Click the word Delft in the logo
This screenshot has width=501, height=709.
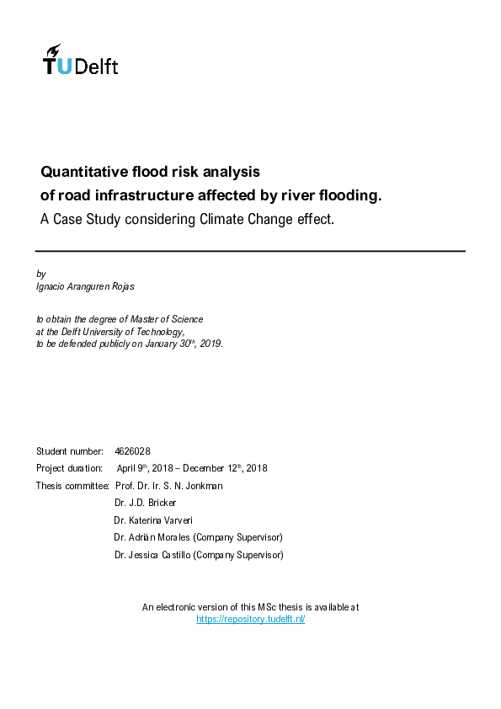[x=97, y=67]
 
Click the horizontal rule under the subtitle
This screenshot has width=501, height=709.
[x=250, y=251]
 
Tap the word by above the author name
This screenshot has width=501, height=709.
[x=40, y=275]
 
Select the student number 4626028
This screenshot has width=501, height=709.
[x=132, y=451]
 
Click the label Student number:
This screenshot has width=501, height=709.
[x=70, y=451]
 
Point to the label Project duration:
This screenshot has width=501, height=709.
[x=69, y=468]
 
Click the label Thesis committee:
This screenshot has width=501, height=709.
[x=72, y=486]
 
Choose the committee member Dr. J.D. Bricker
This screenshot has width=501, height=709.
[x=146, y=503]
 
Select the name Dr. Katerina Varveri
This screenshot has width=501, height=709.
[x=157, y=520]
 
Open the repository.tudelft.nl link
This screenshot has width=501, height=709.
[x=250, y=619]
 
